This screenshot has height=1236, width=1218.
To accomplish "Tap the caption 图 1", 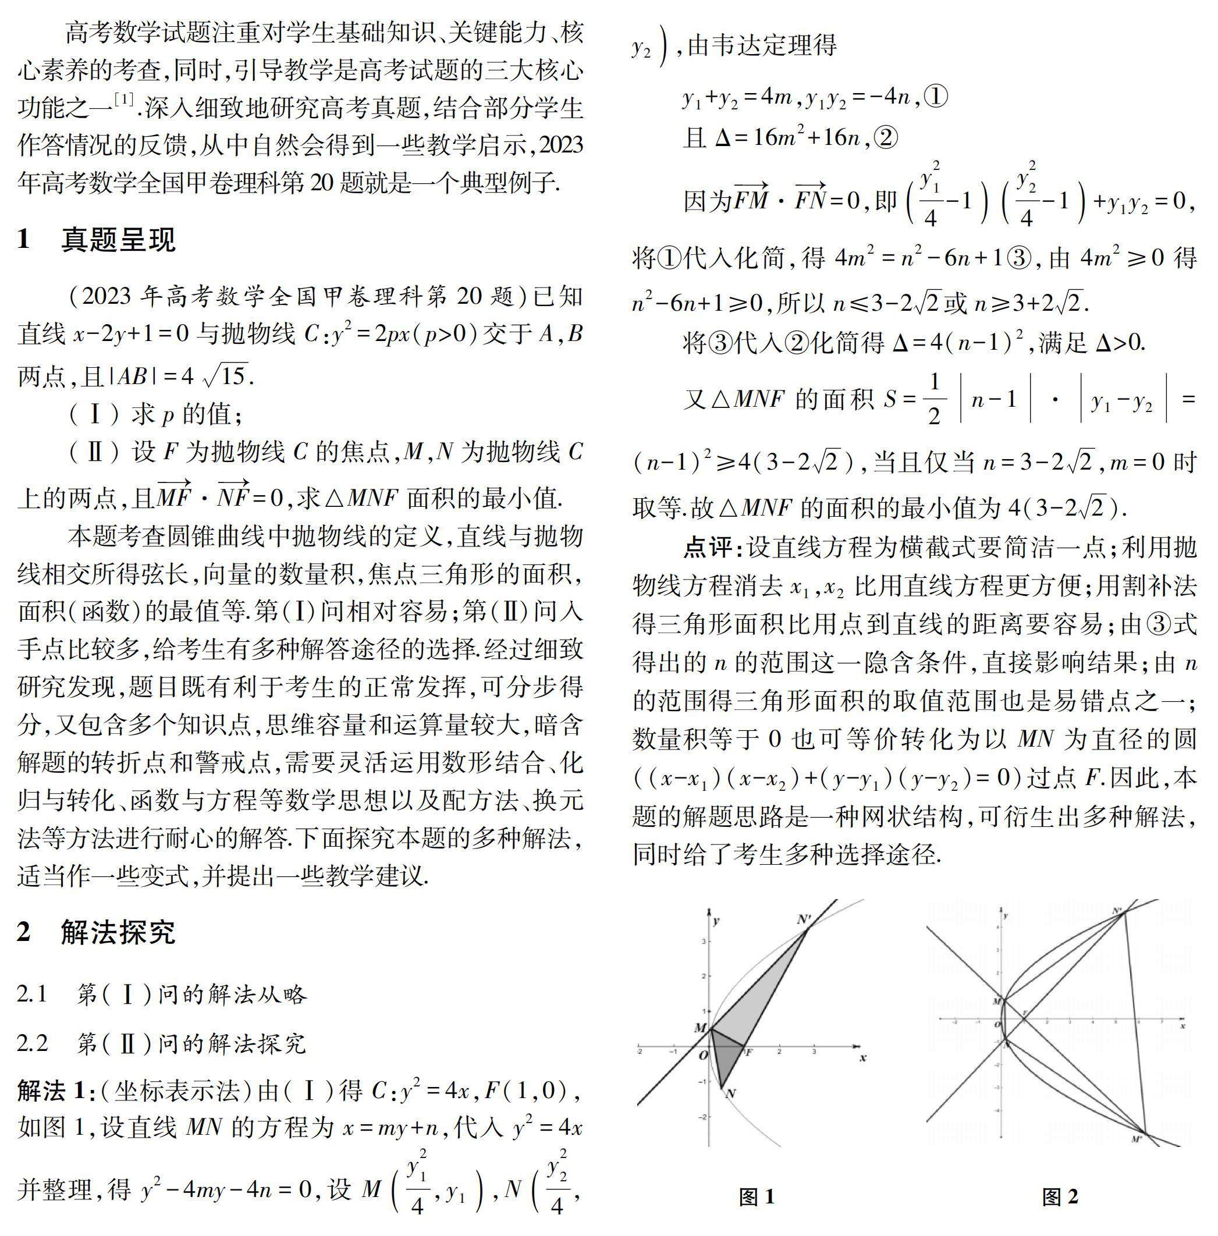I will point(757,1196).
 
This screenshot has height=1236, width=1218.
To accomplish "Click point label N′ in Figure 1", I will point(804,919).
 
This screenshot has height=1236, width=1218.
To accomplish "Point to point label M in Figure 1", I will point(700,1028).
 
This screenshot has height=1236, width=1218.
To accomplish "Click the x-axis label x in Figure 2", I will point(1183,1025).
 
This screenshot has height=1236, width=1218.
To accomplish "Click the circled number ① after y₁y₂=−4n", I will point(936,97).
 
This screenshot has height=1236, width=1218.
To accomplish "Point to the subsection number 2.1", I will point(33,993).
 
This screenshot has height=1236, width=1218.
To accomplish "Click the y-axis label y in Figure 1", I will point(716,921).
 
